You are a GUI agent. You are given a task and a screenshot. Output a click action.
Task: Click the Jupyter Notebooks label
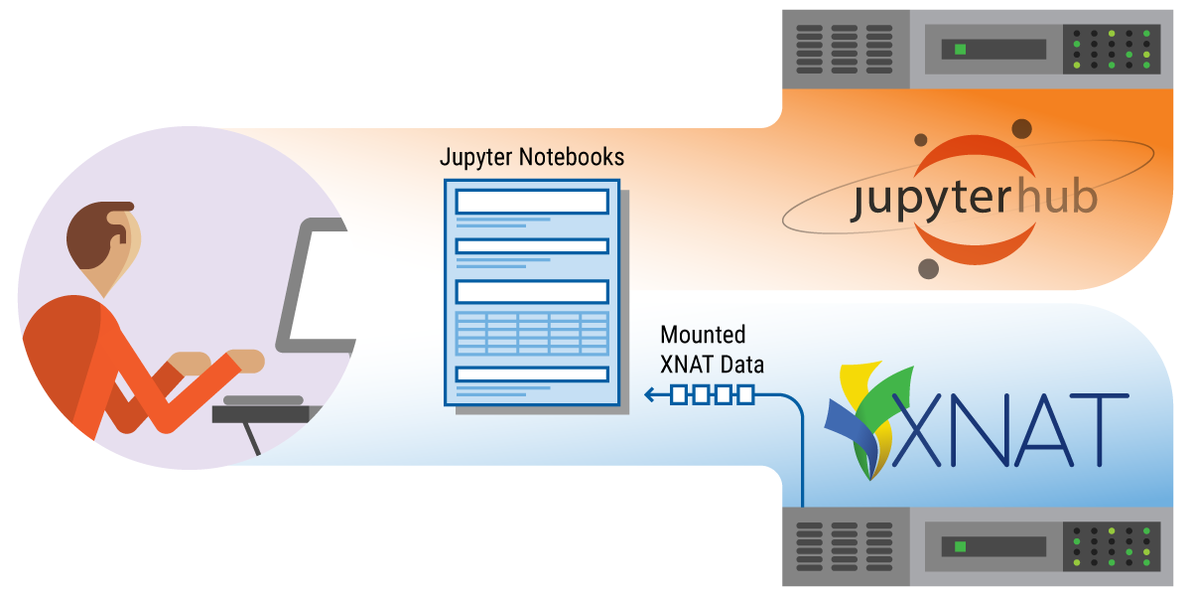(532, 157)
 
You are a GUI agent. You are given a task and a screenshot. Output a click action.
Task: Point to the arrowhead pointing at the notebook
(650, 395)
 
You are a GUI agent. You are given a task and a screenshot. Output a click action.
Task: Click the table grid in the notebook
(531, 333)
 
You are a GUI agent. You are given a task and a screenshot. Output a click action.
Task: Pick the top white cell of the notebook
(531, 202)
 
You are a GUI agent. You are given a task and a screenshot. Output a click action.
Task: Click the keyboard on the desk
(263, 400)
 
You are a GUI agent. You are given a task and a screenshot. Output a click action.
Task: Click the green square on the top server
(960, 50)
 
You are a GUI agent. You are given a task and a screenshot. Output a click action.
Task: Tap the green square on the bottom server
(960, 546)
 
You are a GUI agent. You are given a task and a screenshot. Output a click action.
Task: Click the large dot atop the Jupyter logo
(1021, 128)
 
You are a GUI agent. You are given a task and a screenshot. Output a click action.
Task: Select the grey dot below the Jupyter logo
(929, 268)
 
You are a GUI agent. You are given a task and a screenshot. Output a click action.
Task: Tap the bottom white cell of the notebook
(531, 374)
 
